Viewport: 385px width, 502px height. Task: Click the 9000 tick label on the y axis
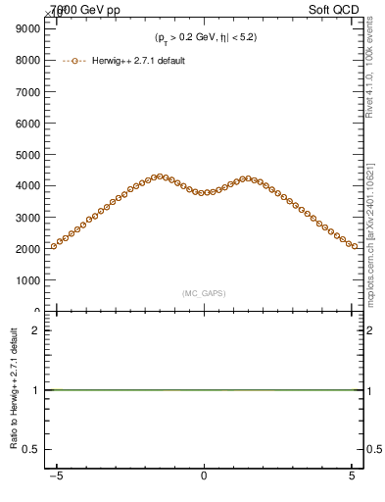coord(26,28)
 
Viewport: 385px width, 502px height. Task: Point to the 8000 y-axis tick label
coord(26,60)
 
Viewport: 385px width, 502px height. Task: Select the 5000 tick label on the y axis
coord(26,154)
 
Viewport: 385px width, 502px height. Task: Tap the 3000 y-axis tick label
coord(26,217)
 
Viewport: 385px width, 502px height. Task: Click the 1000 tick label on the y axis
coord(26,279)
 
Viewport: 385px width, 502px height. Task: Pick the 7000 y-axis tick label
coord(26,91)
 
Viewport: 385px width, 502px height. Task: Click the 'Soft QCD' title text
coord(337,8)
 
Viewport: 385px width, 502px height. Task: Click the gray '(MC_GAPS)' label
coord(204,293)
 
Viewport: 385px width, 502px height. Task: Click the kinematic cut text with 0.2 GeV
coord(206,37)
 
